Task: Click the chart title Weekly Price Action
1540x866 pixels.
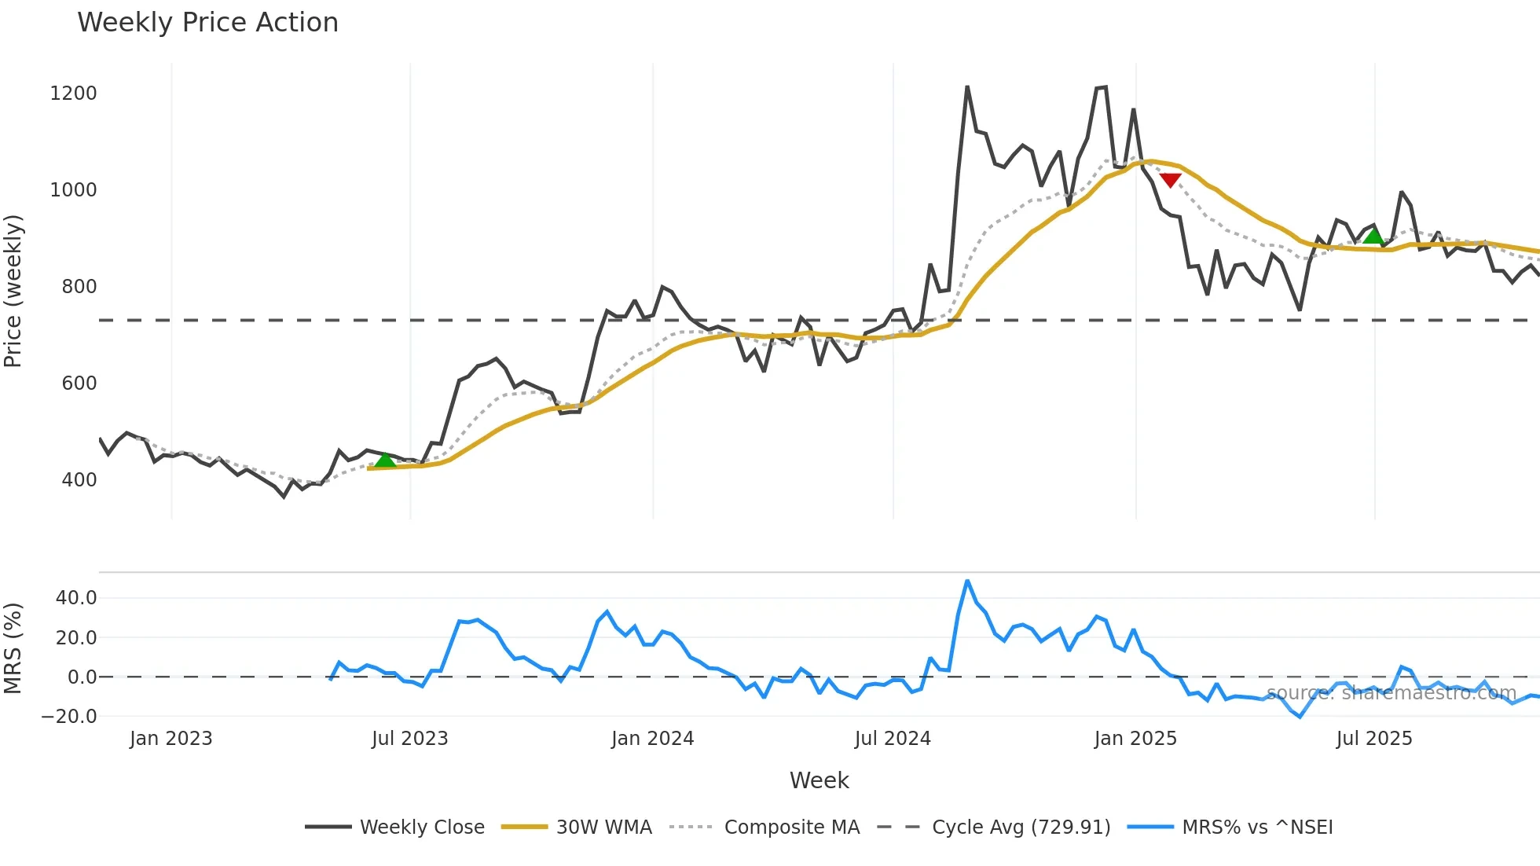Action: point(207,23)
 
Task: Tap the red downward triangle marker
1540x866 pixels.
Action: point(1170,180)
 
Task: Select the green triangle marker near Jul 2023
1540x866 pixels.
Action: point(385,460)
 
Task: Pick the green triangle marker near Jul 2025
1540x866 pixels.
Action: point(1373,236)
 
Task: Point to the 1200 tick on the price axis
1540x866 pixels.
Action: point(73,94)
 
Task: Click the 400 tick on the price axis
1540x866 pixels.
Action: point(79,480)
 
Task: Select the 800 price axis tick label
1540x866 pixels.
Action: point(79,287)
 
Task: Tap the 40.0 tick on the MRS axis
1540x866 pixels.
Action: point(76,598)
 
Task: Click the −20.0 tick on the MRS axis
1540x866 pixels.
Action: point(69,717)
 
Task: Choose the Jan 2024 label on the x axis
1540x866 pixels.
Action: point(652,739)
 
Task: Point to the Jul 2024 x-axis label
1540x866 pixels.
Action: point(893,739)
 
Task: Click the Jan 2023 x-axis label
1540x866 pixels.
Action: point(170,739)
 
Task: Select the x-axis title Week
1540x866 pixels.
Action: point(819,780)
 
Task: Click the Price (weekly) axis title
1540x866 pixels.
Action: point(13,291)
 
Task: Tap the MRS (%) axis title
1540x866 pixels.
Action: point(13,648)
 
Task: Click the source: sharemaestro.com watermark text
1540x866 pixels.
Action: point(1391,693)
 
